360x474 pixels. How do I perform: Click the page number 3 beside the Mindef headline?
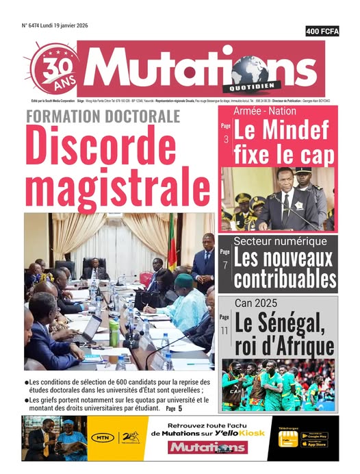tap(227, 140)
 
